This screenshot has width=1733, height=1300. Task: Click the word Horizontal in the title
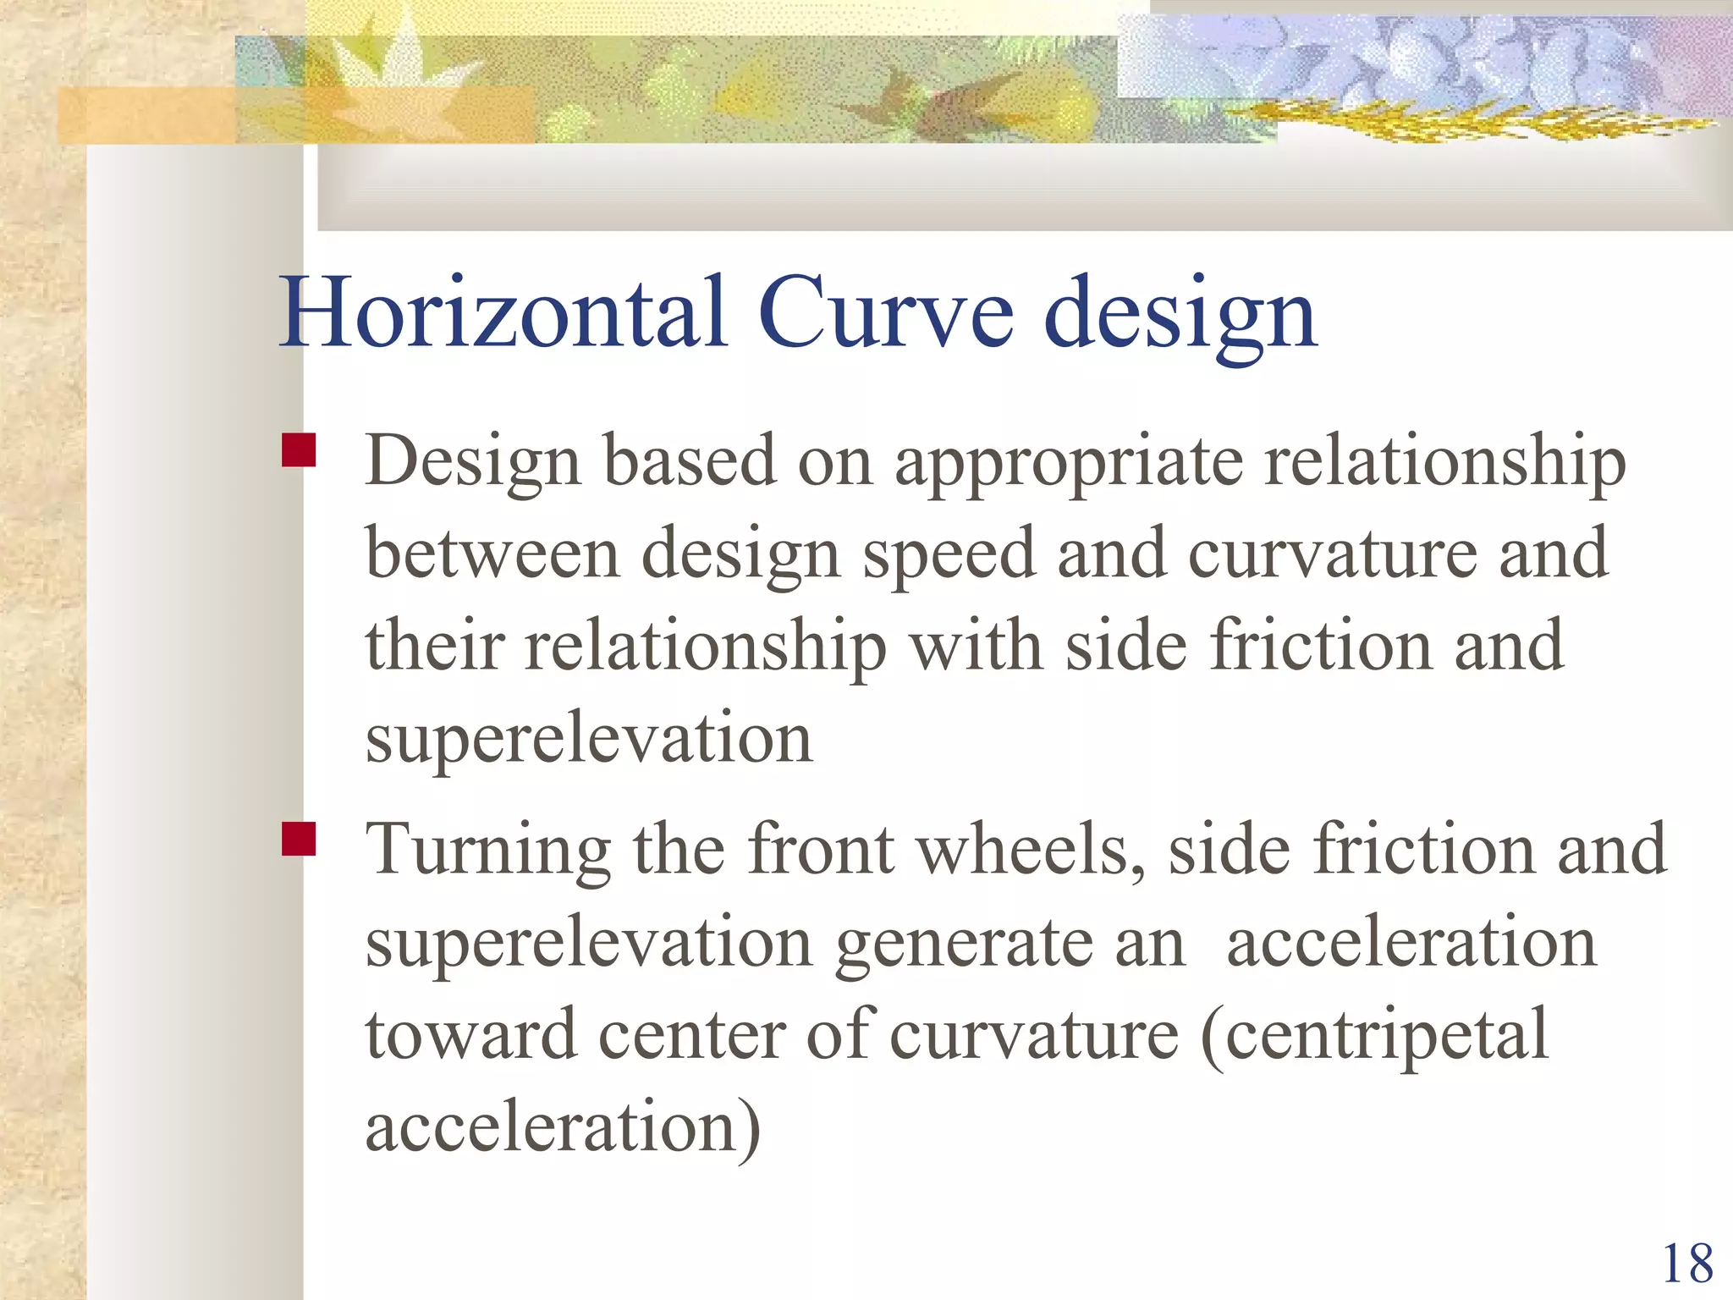[504, 312]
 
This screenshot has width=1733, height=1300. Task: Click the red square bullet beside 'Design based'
[299, 450]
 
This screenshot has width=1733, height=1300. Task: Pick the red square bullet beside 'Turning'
[299, 839]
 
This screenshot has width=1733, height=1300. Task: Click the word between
[493, 554]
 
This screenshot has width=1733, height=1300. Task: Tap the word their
[435, 646]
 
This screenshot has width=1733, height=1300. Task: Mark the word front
[821, 849]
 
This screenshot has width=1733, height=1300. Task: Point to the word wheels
[1031, 849]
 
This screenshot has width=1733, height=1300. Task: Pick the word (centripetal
[1374, 1037]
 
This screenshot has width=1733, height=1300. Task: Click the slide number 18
[1688, 1264]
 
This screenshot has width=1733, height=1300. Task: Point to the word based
[690, 462]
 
